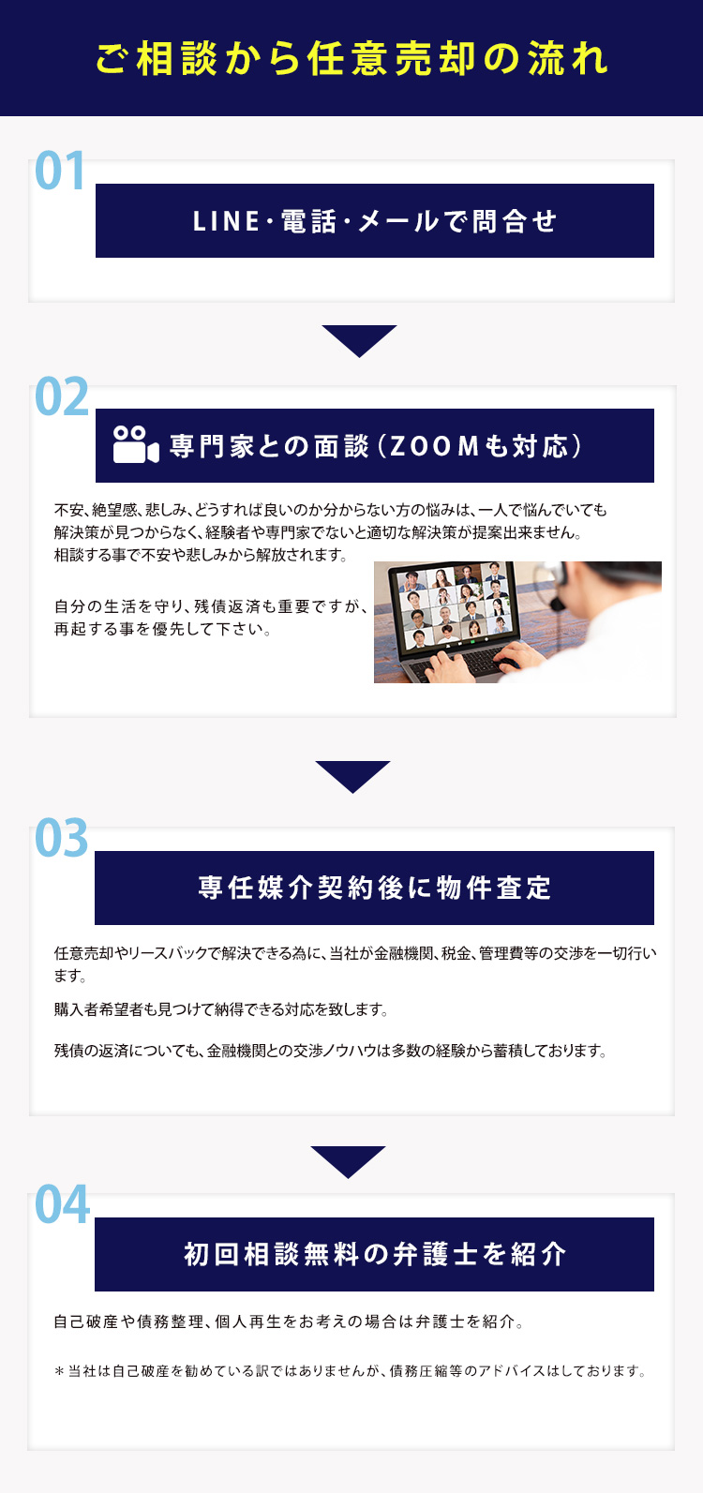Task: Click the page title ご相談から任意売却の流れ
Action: pos(351,59)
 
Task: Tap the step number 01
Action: pos(60,171)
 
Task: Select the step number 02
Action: pos(61,396)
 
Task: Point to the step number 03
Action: pos(61,837)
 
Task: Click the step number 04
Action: pos(62,1204)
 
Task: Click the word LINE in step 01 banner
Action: pos(226,221)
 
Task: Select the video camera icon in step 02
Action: pos(136,444)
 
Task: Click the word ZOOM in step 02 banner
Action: pos(435,446)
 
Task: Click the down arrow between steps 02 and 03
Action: pos(352,776)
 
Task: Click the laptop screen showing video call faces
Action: pos(455,603)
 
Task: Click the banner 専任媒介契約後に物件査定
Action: pos(375,888)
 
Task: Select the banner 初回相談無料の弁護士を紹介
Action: pos(375,1254)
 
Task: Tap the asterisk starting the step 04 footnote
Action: pos(59,1371)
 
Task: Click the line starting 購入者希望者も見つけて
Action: pos(221,1009)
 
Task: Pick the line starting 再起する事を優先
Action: pos(162,629)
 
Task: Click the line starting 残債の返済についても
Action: pos(331,1051)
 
